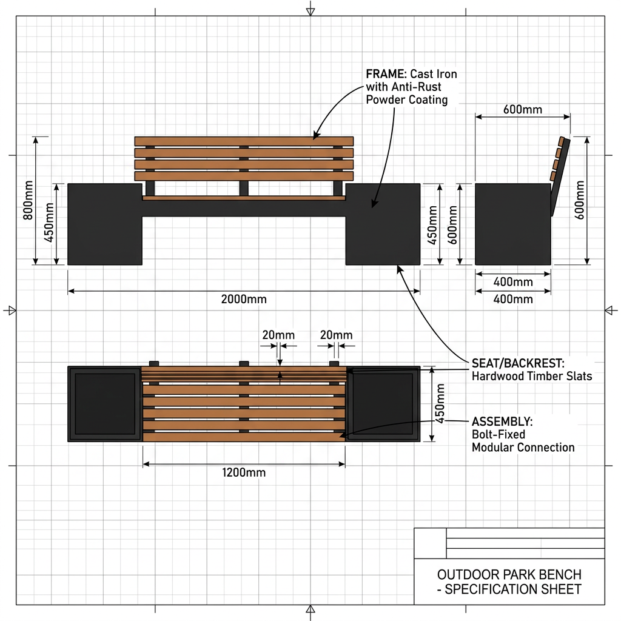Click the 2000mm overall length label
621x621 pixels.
(x=244, y=299)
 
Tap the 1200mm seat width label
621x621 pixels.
(x=244, y=472)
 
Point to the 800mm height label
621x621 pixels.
(x=28, y=200)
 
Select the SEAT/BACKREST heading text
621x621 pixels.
(x=518, y=363)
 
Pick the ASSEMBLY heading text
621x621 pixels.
(x=502, y=421)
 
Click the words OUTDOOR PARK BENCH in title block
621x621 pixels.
(x=509, y=574)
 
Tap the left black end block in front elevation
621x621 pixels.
(x=105, y=224)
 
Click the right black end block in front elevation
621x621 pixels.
(x=383, y=224)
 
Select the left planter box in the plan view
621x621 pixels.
(x=105, y=404)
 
